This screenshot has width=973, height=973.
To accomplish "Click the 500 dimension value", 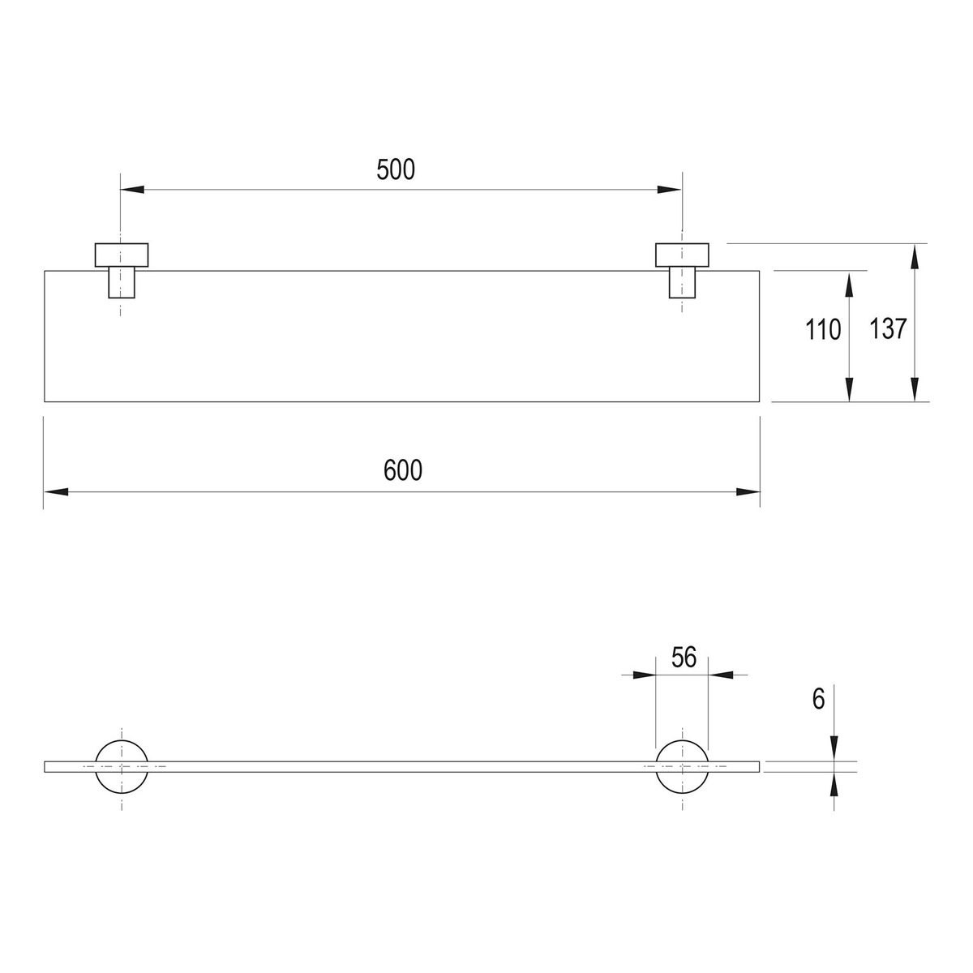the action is point(396,169).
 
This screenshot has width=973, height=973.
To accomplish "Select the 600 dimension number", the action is point(402,470).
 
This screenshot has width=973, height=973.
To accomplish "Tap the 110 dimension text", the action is point(822,330).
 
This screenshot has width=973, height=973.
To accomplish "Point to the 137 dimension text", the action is point(888,328).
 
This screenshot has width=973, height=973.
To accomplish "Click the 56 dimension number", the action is point(684,658).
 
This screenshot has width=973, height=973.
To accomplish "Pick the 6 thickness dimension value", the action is point(818,699).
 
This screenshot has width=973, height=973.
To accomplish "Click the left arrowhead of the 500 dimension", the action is point(132,190).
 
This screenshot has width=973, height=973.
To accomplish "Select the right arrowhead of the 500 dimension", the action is point(669,190).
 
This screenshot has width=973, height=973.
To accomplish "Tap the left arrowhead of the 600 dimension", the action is point(56,492).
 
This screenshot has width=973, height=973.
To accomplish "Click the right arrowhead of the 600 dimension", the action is point(748,492).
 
